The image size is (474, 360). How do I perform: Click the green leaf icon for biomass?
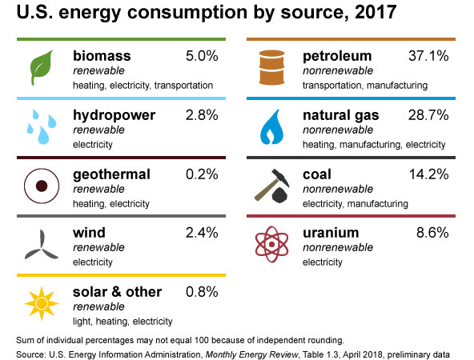42,67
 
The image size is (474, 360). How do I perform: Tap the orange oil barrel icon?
271,67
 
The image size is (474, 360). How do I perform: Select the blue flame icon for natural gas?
271,127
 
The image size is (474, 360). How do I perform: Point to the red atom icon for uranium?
271,244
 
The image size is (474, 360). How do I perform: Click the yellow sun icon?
42,303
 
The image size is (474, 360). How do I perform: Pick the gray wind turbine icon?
42,245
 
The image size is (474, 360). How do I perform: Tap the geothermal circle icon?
42,186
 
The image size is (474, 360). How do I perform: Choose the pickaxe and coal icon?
272,186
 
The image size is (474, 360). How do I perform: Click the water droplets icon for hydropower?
42,127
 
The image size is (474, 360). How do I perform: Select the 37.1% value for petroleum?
428,56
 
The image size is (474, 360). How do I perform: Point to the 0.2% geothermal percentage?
202,174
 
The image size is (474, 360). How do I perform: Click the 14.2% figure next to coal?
428,174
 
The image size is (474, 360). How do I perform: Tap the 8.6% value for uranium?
432,233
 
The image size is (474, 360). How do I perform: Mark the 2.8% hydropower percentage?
202,115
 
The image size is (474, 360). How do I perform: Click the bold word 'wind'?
89,233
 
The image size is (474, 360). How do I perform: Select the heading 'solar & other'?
117,292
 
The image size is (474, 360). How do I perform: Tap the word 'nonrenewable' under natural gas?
338,130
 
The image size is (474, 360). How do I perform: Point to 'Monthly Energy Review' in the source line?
251,354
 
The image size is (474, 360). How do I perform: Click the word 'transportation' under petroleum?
332,86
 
